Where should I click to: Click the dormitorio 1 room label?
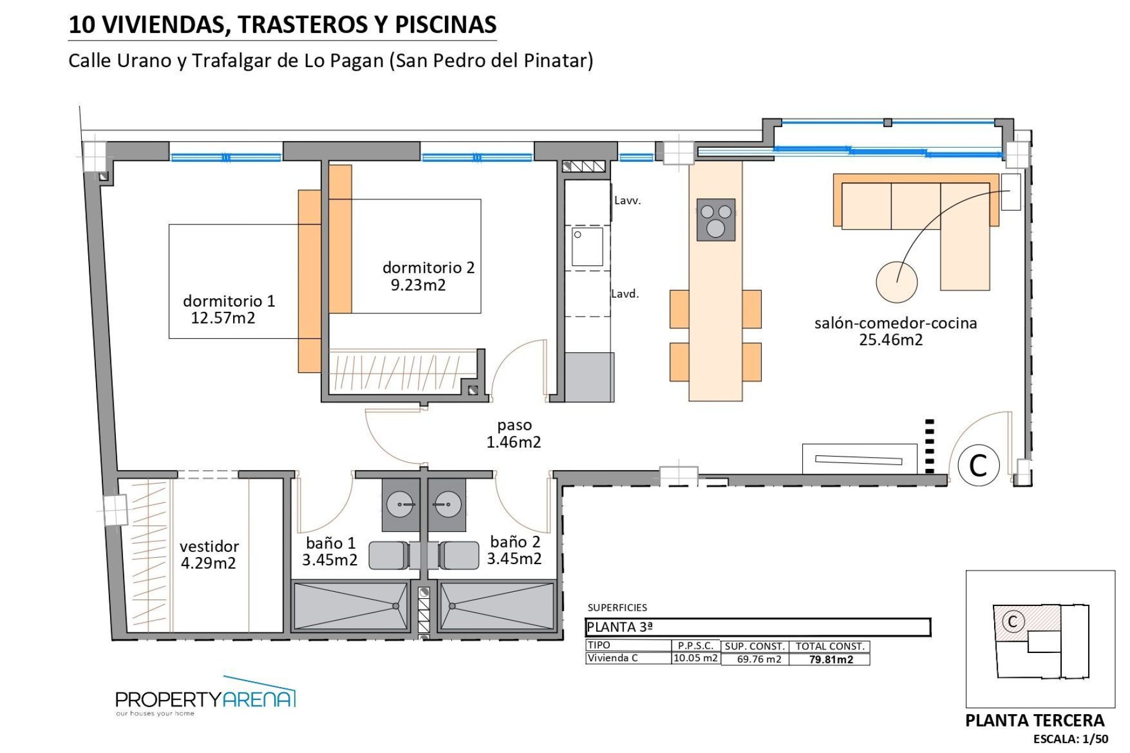pyautogui.click(x=229, y=301)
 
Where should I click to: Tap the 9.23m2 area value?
pyautogui.click(x=418, y=285)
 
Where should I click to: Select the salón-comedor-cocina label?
pyautogui.click(x=895, y=323)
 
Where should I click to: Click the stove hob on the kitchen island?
pyautogui.click(x=716, y=220)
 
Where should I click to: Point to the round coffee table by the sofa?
pyautogui.click(x=896, y=282)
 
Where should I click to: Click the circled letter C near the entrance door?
pyautogui.click(x=978, y=465)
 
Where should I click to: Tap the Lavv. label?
pyautogui.click(x=627, y=201)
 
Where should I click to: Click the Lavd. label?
pyautogui.click(x=624, y=294)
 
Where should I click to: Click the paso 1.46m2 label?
pyautogui.click(x=514, y=434)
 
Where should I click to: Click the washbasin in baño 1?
pyautogui.click(x=400, y=505)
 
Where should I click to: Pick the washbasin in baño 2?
pyautogui.click(x=447, y=505)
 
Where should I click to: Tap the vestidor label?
pyautogui.click(x=209, y=547)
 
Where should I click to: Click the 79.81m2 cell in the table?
pyautogui.click(x=830, y=659)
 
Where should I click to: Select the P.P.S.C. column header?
pyautogui.click(x=695, y=646)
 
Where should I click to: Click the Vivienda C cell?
pyautogui.click(x=612, y=658)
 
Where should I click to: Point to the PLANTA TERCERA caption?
pyautogui.click(x=1035, y=721)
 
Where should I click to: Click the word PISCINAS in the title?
pyautogui.click(x=446, y=25)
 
